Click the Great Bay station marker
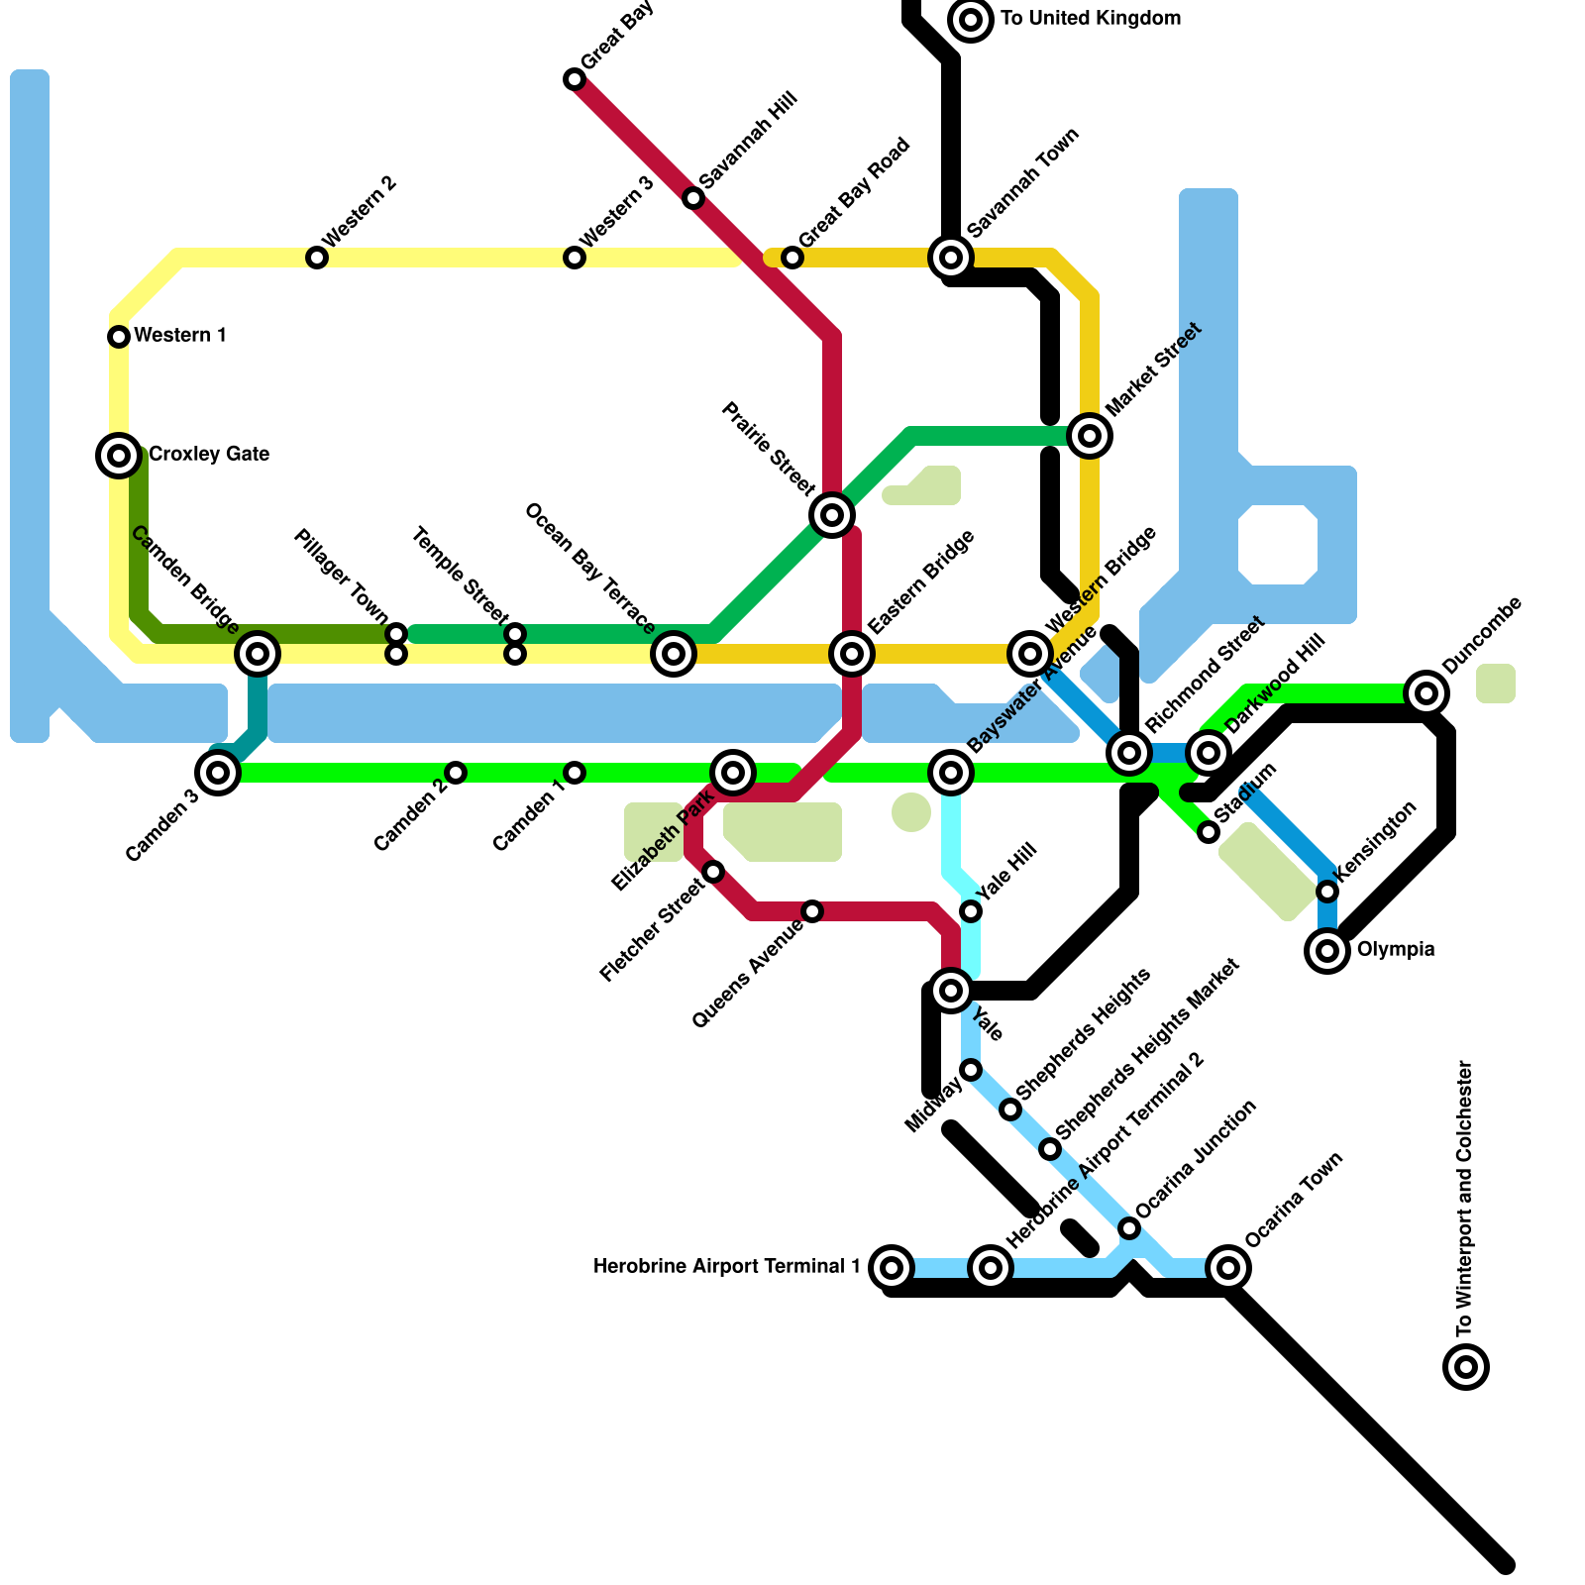(575, 79)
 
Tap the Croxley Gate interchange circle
(119, 456)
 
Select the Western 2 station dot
(317, 258)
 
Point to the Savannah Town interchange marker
(951, 258)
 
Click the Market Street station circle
(1090, 436)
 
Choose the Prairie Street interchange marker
(832, 515)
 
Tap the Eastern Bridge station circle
(852, 654)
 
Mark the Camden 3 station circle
(218, 773)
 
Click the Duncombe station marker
(1426, 693)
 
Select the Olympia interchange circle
(1327, 951)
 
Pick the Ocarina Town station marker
(1228, 1268)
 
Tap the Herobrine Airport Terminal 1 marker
(892, 1268)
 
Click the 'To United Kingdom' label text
(1090, 19)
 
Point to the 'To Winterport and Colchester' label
(1465, 1198)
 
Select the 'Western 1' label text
(180, 336)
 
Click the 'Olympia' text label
(1395, 950)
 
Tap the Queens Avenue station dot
(812, 911)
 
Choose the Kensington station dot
(1327, 892)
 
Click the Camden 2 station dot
(456, 773)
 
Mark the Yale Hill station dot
(971, 911)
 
